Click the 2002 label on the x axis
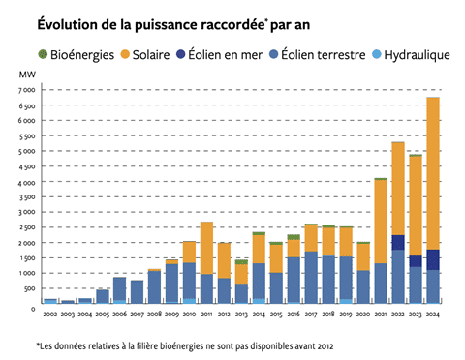[49, 314]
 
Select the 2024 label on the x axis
[433, 314]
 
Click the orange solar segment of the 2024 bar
[433, 174]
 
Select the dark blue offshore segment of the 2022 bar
[398, 242]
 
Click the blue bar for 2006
[119, 290]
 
